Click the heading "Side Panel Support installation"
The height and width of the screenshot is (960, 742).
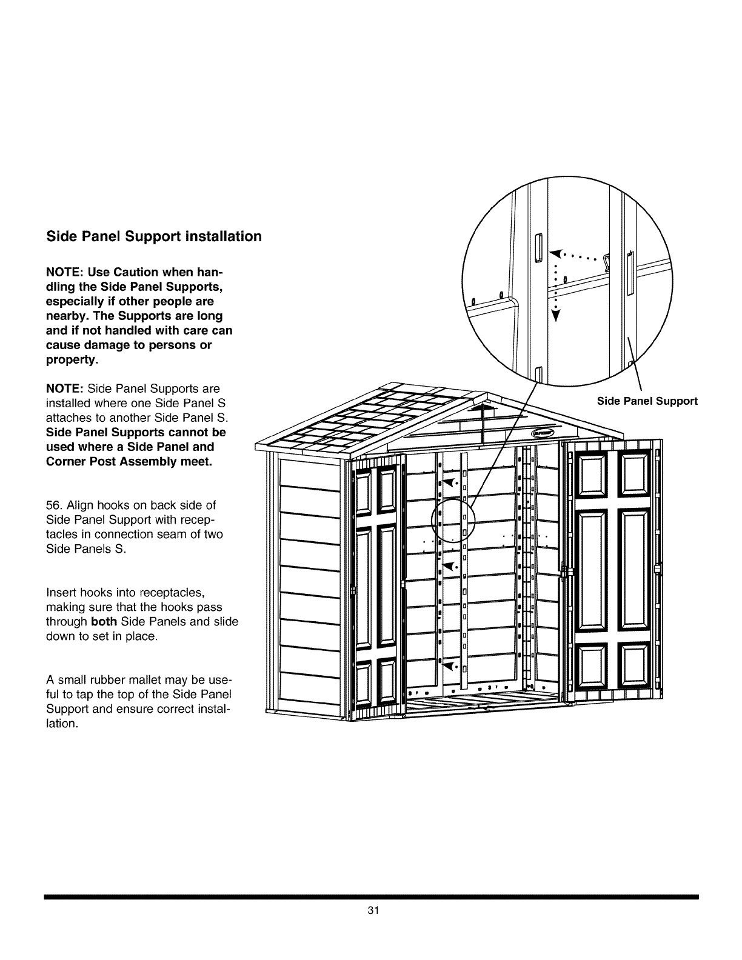click(154, 236)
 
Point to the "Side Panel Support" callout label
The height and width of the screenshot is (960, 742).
click(647, 401)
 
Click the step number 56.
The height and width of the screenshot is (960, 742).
click(54, 505)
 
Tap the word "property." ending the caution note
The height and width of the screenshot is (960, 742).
click(73, 360)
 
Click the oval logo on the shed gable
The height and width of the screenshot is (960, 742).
click(543, 433)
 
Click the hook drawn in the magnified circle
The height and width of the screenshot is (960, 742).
click(605, 261)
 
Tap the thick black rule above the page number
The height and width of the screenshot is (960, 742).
click(371, 896)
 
